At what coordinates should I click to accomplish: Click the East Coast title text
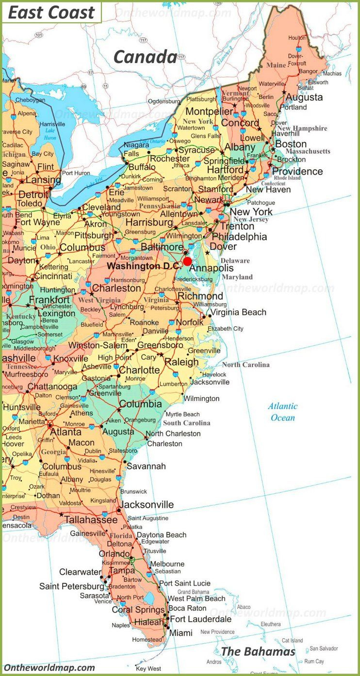click(51, 13)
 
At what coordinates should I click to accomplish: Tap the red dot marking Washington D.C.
click(187, 261)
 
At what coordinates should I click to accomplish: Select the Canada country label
click(145, 57)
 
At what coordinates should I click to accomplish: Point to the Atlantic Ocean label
click(283, 412)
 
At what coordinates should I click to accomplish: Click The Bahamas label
click(258, 651)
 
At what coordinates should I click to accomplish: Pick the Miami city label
click(180, 633)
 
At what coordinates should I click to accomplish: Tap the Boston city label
click(291, 144)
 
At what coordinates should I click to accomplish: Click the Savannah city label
click(146, 466)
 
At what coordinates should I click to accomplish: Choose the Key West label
click(148, 669)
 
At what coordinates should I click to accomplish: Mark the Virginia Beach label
click(238, 312)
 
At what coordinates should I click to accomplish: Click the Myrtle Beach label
click(183, 414)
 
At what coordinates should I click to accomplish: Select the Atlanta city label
click(66, 432)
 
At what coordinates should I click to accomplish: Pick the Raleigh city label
click(181, 362)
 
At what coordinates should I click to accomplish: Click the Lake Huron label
click(50, 134)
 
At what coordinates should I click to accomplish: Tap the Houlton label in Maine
click(297, 37)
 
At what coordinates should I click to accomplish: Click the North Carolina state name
click(246, 365)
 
